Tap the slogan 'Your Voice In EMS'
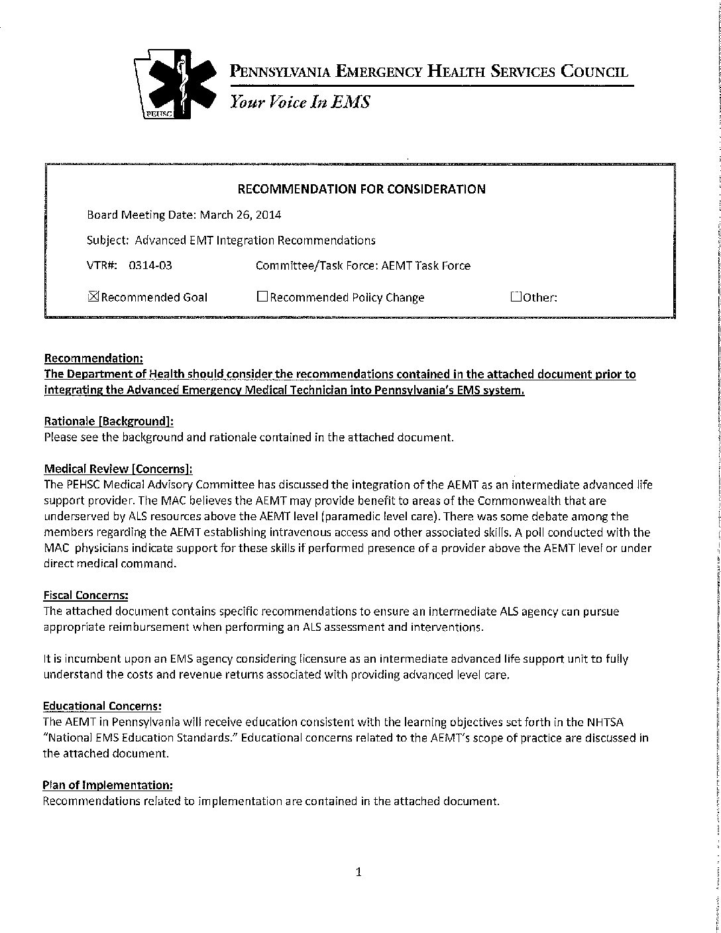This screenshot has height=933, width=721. coord(300,102)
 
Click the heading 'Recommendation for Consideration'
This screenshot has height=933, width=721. coord(361,190)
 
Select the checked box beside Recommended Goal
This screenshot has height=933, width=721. coord(93,297)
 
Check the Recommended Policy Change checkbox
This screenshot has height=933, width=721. coord(262,297)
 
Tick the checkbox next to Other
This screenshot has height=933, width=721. coord(516,297)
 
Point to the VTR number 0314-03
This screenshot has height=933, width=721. coord(150,266)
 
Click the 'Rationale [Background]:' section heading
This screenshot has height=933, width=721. coord(109,421)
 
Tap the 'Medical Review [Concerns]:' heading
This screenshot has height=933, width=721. coord(118,469)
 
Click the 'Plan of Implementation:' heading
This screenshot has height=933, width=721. coord(108,785)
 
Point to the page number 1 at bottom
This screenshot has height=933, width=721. coord(359,872)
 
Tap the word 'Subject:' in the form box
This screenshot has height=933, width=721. coord(107,241)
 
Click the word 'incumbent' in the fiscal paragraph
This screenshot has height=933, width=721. coord(80,659)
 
